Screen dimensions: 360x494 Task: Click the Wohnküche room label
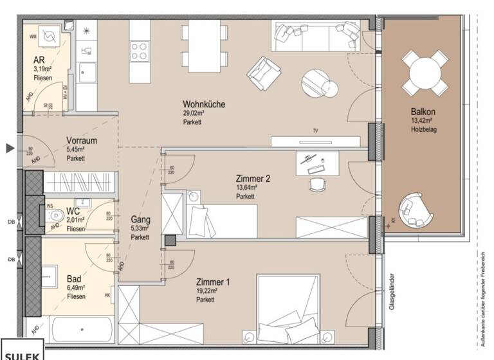point(203,104)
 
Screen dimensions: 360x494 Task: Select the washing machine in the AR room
point(48,37)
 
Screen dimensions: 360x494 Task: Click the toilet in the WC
point(56,215)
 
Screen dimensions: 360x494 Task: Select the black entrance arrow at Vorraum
point(10,148)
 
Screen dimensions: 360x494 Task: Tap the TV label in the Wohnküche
point(315,130)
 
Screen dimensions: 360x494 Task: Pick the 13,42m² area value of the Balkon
point(421,120)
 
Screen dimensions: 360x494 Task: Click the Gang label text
point(140,219)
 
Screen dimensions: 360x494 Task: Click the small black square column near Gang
point(170,240)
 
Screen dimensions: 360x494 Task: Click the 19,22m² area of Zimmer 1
point(206,291)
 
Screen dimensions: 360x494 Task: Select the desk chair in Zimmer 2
point(318,184)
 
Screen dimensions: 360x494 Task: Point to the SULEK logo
point(23,354)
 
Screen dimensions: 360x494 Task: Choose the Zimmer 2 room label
point(253,179)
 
